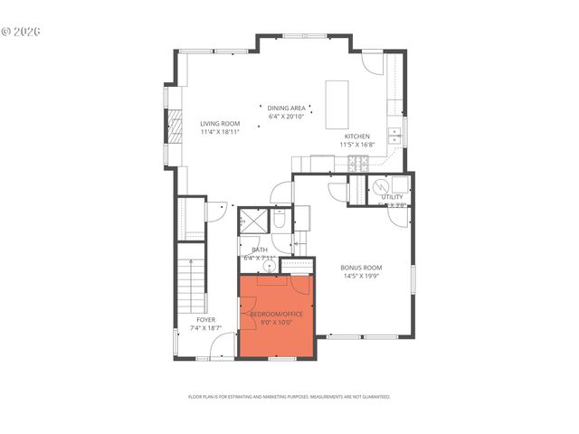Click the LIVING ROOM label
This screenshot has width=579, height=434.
tap(219, 123)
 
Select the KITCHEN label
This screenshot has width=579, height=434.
tap(356, 137)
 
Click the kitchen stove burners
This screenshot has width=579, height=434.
tap(358, 164)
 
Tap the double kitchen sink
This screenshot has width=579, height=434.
tap(394, 137)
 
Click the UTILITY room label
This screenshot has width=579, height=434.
tap(392, 196)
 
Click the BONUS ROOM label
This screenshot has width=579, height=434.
tap(361, 268)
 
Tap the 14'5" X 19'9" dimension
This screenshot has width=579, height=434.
tap(361, 277)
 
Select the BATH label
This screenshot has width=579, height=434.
tap(260, 250)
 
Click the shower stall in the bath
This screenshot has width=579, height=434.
tap(253, 222)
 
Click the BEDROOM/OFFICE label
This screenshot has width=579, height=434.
tap(276, 313)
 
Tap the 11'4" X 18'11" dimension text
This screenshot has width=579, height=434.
tap(219, 132)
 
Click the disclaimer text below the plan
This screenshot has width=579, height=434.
tap(289, 396)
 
